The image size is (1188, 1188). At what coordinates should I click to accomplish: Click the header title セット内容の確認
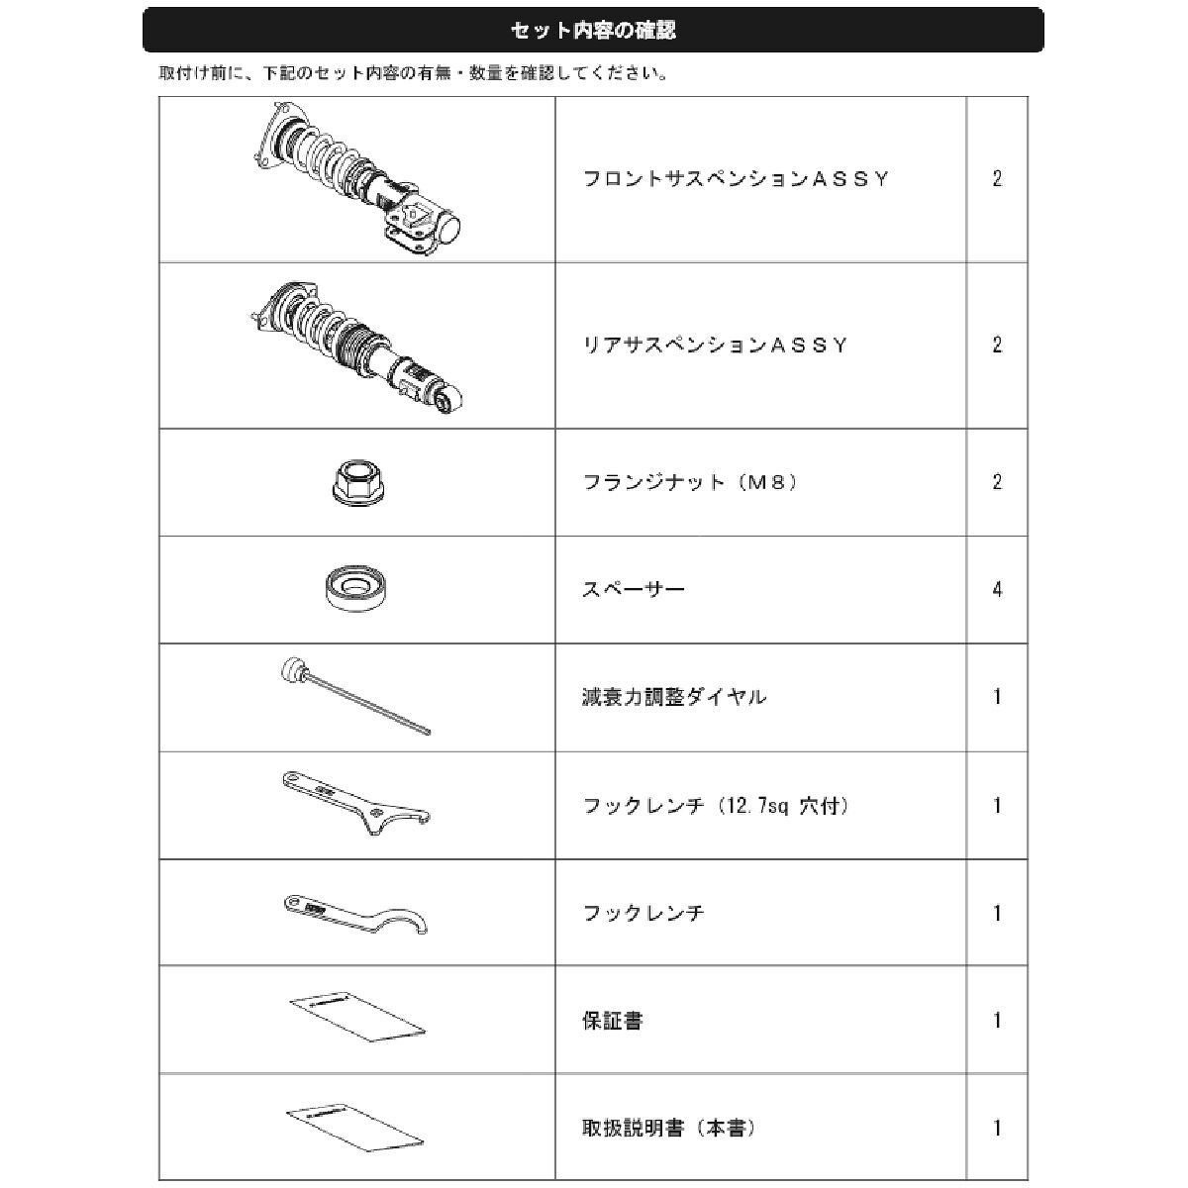tap(593, 31)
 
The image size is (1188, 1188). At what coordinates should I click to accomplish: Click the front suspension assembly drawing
tap(356, 179)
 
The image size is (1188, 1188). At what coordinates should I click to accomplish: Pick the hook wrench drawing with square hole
tap(356, 803)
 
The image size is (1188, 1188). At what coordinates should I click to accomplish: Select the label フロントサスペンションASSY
tap(737, 179)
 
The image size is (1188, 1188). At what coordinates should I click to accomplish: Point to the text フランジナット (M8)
tap(691, 483)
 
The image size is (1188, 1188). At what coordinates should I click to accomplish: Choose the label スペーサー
tap(634, 590)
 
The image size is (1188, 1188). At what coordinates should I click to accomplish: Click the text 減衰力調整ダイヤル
tap(675, 697)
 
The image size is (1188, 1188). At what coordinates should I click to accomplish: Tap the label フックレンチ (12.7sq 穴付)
tap(716, 806)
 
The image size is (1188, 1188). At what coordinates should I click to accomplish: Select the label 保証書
tap(613, 1021)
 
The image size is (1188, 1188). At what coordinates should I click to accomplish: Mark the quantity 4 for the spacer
tap(997, 590)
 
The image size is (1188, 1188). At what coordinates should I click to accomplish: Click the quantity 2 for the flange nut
tap(997, 483)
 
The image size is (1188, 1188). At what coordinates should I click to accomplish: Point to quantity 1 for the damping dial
tap(997, 697)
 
